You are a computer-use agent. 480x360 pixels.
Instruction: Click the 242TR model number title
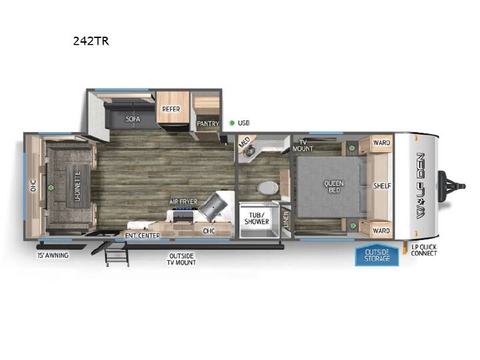pyautogui.click(x=91, y=41)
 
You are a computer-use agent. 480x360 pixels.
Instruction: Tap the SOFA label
pyautogui.click(x=133, y=119)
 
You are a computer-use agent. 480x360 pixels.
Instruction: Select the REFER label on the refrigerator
pyautogui.click(x=171, y=109)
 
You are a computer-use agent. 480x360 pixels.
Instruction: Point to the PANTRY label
pyautogui.click(x=208, y=124)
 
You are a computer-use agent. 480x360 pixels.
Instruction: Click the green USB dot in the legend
pyautogui.click(x=232, y=123)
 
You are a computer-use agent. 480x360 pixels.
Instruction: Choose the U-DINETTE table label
pyautogui.click(x=78, y=186)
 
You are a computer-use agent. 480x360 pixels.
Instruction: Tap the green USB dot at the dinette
pyautogui.click(x=51, y=187)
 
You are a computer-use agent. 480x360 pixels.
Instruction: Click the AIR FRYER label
pyautogui.click(x=183, y=202)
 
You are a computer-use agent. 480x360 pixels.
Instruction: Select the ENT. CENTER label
pyautogui.click(x=143, y=235)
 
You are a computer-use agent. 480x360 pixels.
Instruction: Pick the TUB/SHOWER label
pyautogui.click(x=257, y=218)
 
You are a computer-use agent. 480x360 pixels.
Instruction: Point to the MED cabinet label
pyautogui.click(x=244, y=143)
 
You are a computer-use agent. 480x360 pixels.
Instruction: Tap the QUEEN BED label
pyautogui.click(x=334, y=187)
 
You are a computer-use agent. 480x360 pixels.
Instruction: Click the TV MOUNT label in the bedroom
pyautogui.click(x=303, y=145)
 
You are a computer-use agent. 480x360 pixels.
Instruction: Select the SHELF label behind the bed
pyautogui.click(x=382, y=186)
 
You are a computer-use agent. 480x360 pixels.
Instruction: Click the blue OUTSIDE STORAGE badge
pyautogui.click(x=377, y=255)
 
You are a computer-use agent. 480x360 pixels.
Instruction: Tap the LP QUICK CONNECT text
pyautogui.click(x=424, y=250)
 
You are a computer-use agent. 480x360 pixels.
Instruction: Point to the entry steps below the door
pyautogui.click(x=116, y=254)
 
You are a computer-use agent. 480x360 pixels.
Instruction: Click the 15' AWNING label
pyautogui.click(x=53, y=255)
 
